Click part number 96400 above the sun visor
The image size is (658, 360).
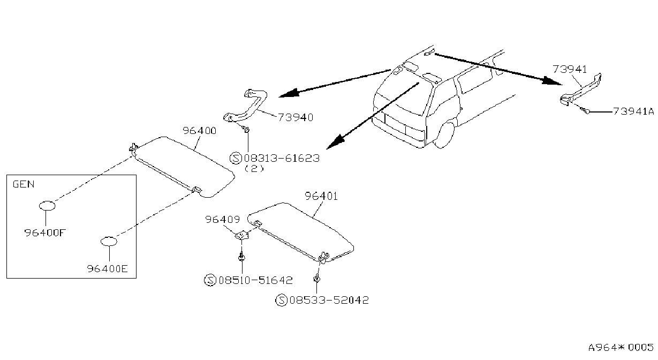coord(200,131)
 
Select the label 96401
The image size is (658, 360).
coord(321,196)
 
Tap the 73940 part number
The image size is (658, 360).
coord(296,117)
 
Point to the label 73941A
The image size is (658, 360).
coord(633,111)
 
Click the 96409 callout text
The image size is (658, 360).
coord(222,219)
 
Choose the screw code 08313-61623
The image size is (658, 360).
coord(282,158)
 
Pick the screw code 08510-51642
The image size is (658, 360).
coord(255,280)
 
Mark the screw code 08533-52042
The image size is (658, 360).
coord(329,300)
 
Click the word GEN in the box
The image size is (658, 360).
coord(24,184)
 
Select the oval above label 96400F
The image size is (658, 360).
coord(47,206)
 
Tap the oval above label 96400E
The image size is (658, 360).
coord(109,242)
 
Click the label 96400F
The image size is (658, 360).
coord(45,232)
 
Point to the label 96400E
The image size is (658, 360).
coord(107,268)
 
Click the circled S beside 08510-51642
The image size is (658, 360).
coord(210,280)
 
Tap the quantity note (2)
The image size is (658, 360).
coord(254,169)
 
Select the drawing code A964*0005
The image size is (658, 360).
coord(621,347)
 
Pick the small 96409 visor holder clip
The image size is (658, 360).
coord(242,235)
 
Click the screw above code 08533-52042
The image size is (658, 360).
coord(316,278)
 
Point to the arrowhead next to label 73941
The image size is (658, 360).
coord(551,81)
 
